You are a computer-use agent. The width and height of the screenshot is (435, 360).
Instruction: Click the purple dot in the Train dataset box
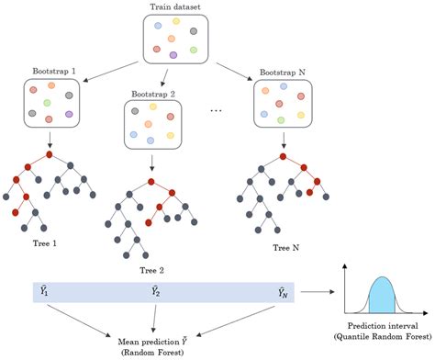(x=173, y=55)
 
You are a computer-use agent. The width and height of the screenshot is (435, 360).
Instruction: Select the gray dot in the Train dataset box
(x=194, y=31)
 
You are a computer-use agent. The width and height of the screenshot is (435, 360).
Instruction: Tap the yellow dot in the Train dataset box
(x=176, y=21)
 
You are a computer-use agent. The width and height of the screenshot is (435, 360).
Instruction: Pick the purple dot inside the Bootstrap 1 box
(x=69, y=114)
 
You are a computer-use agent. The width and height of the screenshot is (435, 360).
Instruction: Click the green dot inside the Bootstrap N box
(x=281, y=120)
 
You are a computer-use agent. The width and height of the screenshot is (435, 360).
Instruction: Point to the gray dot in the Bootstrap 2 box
(x=135, y=111)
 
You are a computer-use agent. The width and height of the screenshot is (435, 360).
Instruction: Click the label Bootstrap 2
(x=153, y=94)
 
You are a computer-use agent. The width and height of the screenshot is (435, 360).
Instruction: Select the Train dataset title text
(x=175, y=7)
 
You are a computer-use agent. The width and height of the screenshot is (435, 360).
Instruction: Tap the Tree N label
(x=286, y=248)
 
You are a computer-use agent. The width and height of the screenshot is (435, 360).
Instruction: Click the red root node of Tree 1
(x=50, y=154)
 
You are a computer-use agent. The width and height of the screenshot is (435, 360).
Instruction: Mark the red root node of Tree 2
(x=151, y=182)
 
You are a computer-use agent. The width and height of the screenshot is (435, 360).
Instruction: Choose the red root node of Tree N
(x=283, y=156)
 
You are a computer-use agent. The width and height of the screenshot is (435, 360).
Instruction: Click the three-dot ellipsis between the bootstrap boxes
(x=216, y=111)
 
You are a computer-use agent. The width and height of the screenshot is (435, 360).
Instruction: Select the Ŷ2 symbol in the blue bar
(x=156, y=291)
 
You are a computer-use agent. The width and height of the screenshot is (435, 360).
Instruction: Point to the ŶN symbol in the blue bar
(x=283, y=292)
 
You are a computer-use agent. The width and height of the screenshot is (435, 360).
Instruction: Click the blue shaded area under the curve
(x=382, y=296)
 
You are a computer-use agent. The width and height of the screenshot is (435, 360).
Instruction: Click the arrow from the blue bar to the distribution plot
(x=318, y=292)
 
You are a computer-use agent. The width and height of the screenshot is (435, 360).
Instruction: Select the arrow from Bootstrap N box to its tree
(x=284, y=141)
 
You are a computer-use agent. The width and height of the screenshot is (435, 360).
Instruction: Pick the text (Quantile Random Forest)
(x=383, y=336)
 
